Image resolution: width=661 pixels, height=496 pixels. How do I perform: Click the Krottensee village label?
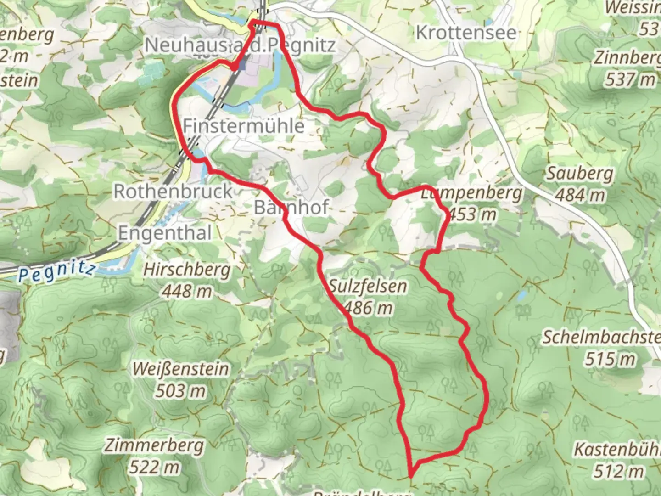[466, 33]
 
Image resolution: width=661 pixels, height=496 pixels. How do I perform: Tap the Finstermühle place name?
[244, 126]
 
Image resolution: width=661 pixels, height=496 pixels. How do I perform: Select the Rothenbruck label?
[173, 191]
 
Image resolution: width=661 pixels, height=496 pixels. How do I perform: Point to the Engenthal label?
[165, 233]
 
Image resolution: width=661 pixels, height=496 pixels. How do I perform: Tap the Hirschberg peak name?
[187, 270]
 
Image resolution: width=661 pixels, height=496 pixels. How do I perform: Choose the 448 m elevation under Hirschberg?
[187, 291]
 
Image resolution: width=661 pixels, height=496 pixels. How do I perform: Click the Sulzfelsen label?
[368, 286]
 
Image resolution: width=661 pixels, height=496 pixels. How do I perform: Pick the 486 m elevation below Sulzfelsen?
[368, 308]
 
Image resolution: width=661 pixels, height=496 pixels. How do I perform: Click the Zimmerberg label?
[154, 445]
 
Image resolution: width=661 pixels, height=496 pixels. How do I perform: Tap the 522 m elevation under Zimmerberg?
[154, 467]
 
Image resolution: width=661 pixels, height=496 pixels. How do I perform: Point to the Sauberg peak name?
[580, 174]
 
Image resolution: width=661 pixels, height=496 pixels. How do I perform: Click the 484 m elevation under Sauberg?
[580, 195]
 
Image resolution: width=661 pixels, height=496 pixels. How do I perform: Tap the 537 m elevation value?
[630, 79]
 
